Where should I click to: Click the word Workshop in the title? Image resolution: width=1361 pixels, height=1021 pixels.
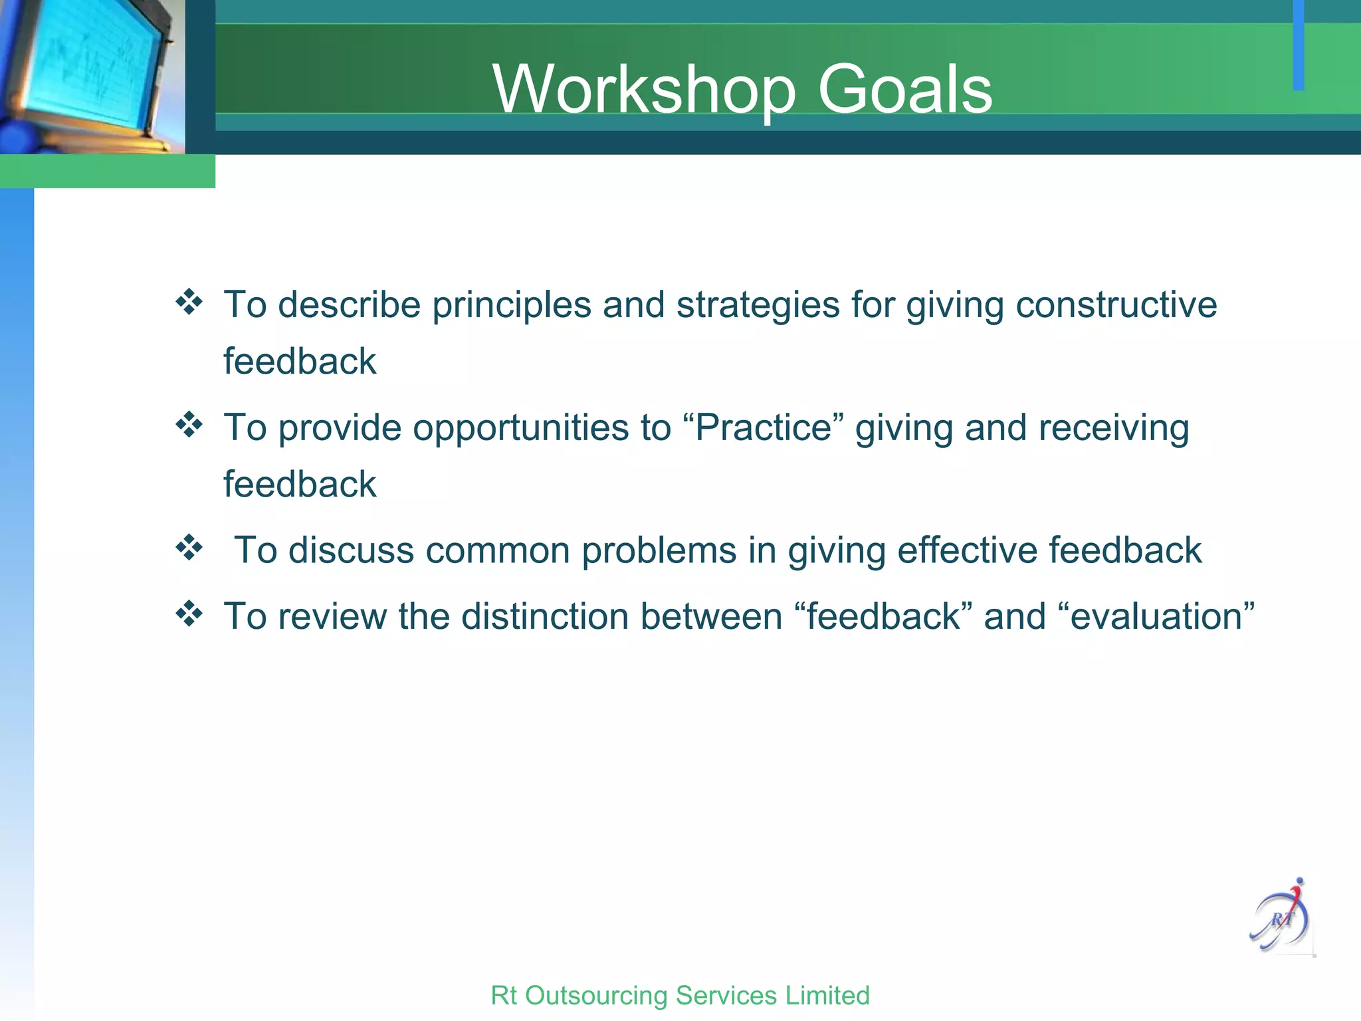click(643, 90)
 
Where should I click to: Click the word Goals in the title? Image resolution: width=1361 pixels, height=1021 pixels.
click(904, 90)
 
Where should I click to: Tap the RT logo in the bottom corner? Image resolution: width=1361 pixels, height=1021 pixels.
click(1282, 918)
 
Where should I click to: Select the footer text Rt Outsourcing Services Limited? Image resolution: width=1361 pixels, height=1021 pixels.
click(680, 995)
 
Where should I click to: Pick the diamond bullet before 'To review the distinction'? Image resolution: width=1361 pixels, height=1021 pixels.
click(189, 613)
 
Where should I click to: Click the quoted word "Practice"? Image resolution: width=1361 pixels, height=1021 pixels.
click(764, 427)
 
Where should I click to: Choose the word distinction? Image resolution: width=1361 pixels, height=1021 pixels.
click(545, 616)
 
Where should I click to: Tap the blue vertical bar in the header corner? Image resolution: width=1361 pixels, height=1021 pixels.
click(1298, 45)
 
